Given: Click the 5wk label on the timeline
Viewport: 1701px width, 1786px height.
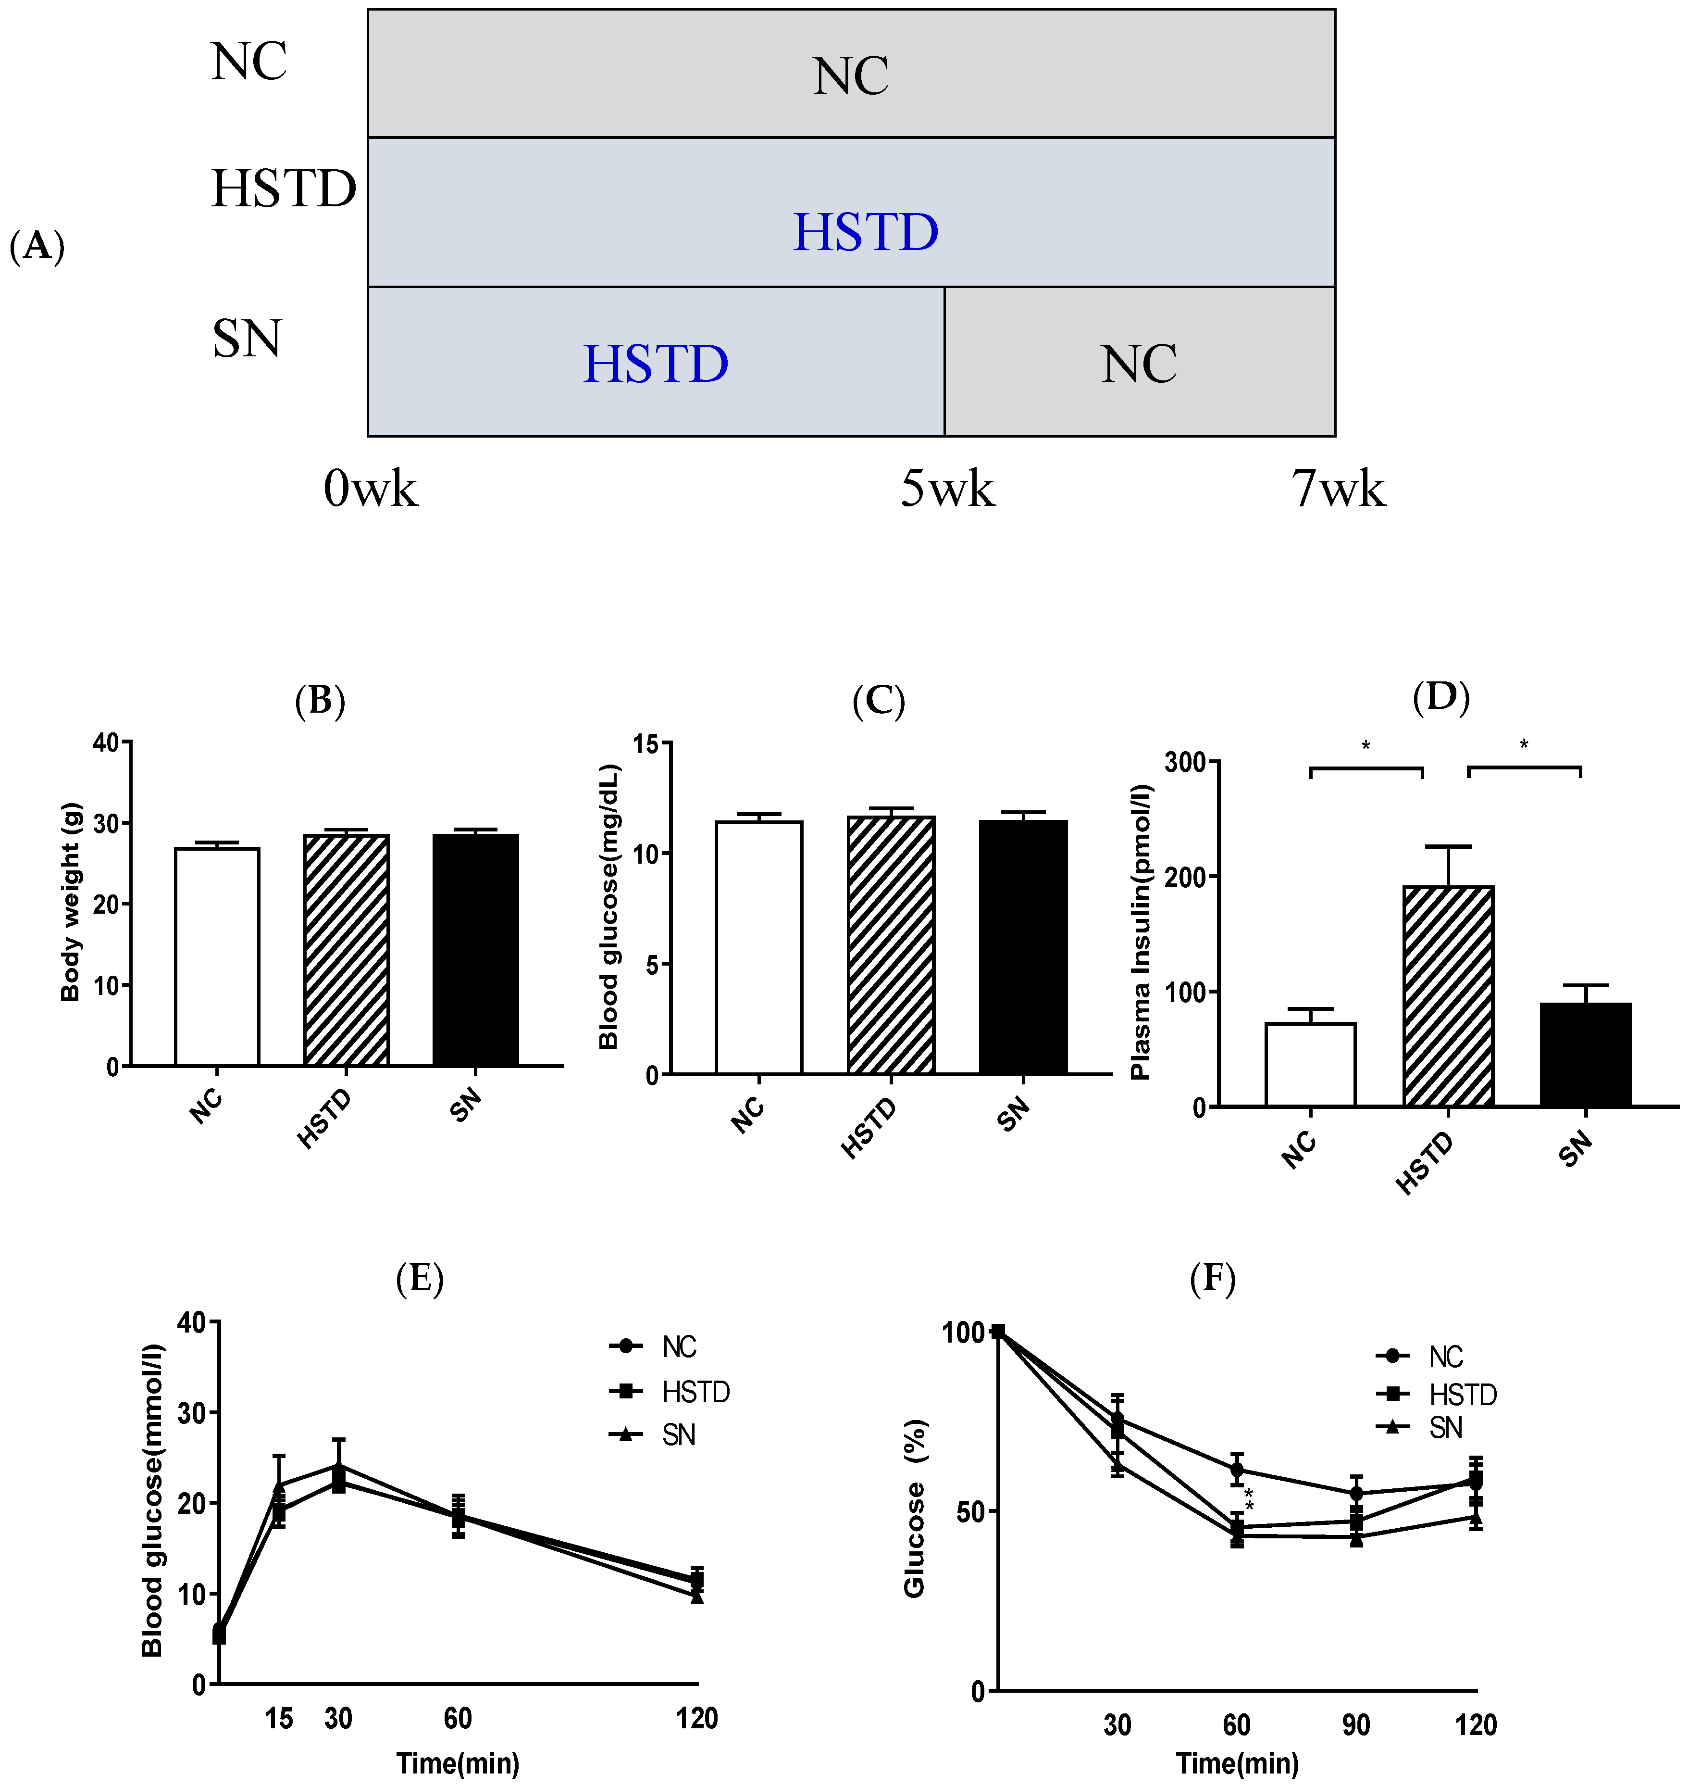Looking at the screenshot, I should coord(947,491).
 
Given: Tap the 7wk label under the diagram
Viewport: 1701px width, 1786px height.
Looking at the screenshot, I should coord(1338,491).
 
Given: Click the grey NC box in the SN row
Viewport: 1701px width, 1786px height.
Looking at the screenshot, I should coord(1139,362).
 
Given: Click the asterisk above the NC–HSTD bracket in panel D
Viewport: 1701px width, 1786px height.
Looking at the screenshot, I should coord(1366,746).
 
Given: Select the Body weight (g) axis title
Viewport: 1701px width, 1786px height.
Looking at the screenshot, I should coord(71,903).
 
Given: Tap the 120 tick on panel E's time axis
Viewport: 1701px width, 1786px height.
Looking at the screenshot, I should coord(696,1718).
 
